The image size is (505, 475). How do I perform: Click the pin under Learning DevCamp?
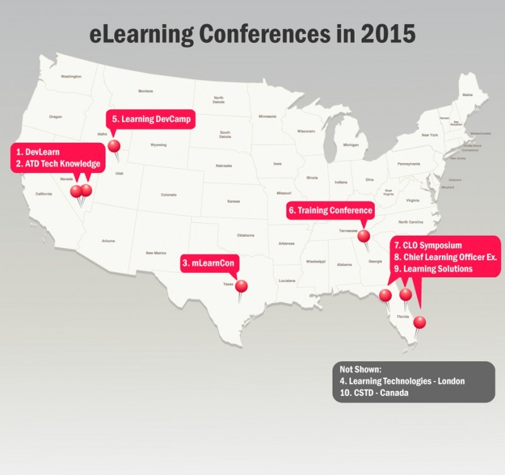[x=114, y=146]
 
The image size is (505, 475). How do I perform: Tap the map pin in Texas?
[x=241, y=286]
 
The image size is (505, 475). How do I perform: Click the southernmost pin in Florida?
[x=419, y=323]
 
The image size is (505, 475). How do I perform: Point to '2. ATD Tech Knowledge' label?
[x=57, y=165]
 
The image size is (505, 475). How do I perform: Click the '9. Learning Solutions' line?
[x=432, y=269]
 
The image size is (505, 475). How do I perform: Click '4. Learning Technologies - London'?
[x=402, y=381]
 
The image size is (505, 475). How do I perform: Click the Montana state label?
[x=145, y=91]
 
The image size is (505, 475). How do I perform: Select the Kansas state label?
[x=234, y=201]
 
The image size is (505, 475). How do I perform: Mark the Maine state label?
[x=467, y=95]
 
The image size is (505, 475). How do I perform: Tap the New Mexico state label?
[x=156, y=253]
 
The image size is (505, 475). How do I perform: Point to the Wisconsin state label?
[x=306, y=131]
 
